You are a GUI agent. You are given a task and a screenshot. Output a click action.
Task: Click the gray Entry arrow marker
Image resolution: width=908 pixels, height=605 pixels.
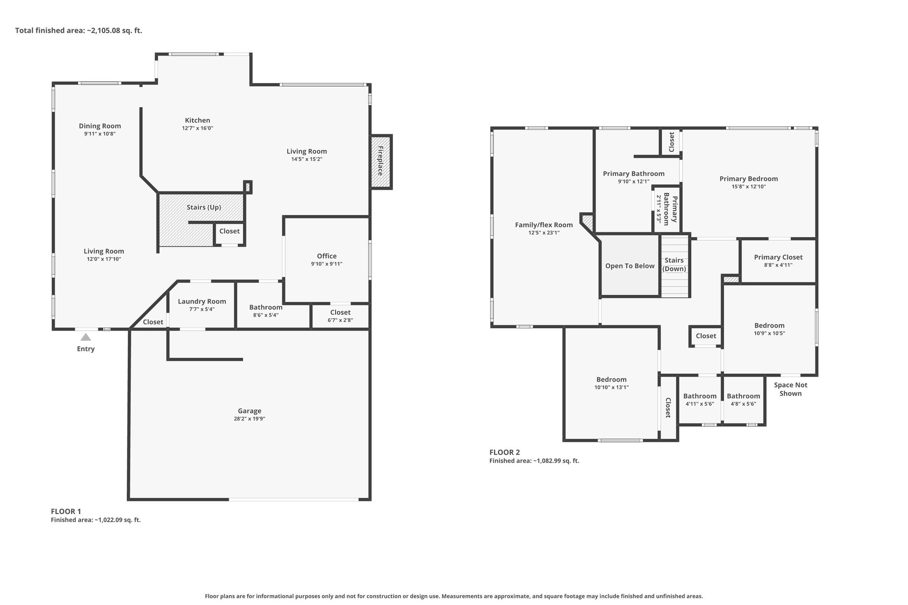click(x=86, y=337)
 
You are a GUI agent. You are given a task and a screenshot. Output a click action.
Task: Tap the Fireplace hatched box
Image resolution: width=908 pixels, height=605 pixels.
click(x=381, y=162)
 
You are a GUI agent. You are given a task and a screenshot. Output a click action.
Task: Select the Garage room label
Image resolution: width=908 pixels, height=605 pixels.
click(x=250, y=411)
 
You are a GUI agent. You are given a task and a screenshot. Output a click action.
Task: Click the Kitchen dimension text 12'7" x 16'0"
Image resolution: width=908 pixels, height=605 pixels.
click(x=198, y=128)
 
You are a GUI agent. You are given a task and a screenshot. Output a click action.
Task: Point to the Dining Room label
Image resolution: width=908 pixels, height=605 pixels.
click(x=100, y=126)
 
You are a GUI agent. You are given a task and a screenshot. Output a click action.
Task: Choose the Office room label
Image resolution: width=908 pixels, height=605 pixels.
click(x=327, y=256)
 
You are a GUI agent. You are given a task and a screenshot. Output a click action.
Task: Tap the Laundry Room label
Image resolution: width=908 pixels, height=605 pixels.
click(x=202, y=301)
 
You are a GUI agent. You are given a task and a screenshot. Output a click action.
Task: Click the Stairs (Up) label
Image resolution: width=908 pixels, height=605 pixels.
click(x=204, y=207)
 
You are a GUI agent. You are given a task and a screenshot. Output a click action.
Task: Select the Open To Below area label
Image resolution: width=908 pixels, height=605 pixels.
click(x=630, y=266)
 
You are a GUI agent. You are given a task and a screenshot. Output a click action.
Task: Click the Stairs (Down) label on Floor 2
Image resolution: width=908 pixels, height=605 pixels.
click(x=674, y=265)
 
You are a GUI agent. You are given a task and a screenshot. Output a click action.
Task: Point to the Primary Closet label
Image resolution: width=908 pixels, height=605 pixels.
click(x=779, y=257)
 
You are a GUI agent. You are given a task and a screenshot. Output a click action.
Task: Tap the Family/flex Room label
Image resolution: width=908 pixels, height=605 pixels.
click(x=544, y=225)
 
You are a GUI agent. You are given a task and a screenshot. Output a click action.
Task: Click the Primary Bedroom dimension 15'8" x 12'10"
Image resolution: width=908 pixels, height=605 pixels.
click(x=749, y=187)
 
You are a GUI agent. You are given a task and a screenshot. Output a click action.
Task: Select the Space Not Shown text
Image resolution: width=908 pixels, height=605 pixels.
click(x=791, y=389)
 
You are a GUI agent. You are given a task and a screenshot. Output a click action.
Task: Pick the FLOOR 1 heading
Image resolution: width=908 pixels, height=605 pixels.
click(x=66, y=511)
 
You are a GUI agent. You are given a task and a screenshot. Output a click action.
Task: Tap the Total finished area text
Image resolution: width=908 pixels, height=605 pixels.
click(x=78, y=31)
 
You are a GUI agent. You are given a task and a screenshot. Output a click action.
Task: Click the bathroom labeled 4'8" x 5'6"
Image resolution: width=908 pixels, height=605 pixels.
click(x=744, y=399)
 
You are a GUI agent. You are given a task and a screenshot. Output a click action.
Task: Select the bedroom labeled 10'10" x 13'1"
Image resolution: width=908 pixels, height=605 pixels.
click(x=611, y=383)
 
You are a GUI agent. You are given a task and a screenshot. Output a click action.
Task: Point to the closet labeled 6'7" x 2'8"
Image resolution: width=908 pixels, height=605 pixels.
click(x=340, y=316)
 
